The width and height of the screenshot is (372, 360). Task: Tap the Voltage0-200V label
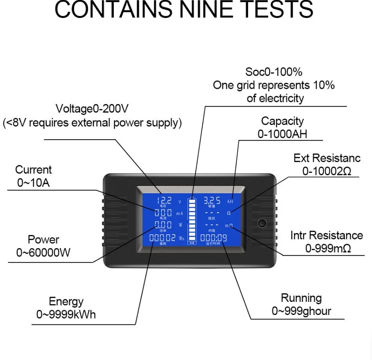92,109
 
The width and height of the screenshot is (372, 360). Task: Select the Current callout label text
34,170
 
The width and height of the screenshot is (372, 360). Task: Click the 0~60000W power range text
43,253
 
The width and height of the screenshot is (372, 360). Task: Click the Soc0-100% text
274,72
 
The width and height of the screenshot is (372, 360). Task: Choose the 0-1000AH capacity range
282,134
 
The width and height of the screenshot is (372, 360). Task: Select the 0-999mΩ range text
328,248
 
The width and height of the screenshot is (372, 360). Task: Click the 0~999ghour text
301,311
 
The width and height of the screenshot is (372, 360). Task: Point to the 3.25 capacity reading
212,200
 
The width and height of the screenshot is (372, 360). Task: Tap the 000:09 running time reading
213,238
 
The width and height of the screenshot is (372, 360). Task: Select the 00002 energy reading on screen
162,238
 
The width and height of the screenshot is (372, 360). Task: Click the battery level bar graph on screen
191,221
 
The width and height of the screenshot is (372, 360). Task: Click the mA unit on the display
179,213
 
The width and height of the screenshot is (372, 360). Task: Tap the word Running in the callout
301,298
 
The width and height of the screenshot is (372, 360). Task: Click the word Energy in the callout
66,301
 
